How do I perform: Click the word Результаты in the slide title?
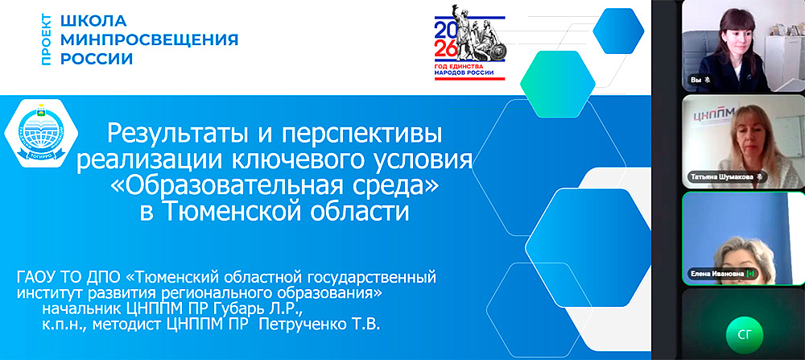tap(183, 132)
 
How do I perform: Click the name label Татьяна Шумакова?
tap(719, 176)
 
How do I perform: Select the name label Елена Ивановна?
tap(714, 274)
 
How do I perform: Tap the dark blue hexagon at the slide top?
tap(617, 30)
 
